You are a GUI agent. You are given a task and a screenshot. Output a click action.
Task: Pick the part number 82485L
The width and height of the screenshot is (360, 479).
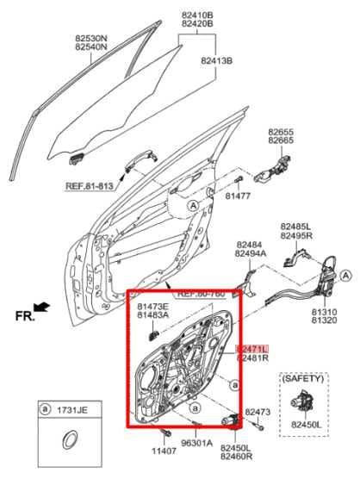[x=295, y=226]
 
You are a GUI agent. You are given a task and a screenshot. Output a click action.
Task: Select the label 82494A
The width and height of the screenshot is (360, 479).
[x=251, y=254]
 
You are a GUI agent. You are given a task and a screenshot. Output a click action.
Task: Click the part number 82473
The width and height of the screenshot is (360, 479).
[x=258, y=413]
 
